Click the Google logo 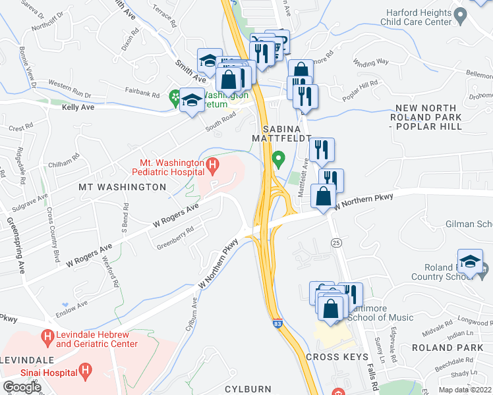point(22,387)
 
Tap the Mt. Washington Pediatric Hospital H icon point(212,165)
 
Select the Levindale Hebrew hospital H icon point(47,338)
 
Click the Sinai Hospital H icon point(85,372)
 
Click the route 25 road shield point(335,243)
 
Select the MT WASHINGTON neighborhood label point(123,187)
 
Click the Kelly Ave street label point(78,106)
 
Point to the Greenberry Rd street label point(175,238)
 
